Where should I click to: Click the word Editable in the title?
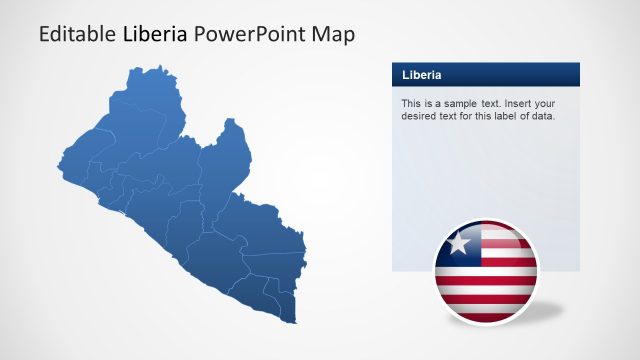77,34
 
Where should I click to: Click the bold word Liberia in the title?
155,34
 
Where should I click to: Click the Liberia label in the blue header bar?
422,75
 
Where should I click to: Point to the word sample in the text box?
456,103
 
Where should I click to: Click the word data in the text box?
541,116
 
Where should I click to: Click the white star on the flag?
459,242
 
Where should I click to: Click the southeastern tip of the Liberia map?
296,320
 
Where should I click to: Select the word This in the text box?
411,103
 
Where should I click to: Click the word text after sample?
487,103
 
